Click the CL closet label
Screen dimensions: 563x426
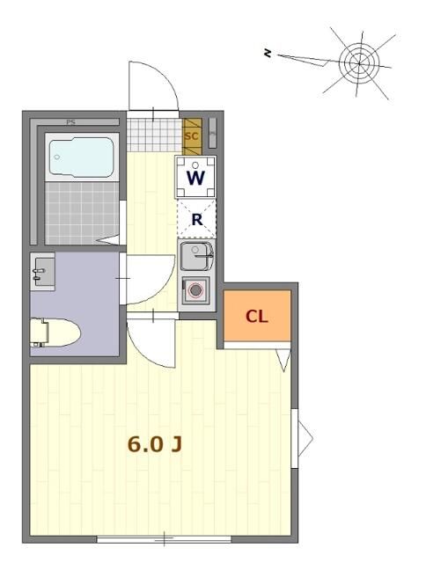pos(256,317)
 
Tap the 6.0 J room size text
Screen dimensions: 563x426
pos(155,444)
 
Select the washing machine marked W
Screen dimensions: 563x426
pos(195,177)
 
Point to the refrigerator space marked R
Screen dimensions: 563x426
pos(196,219)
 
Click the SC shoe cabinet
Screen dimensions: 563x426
pos(191,136)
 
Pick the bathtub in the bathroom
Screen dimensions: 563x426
pos(81,158)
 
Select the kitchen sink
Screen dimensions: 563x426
pos(195,257)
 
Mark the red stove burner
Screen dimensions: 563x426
pos(195,289)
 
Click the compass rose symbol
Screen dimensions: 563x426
pos(358,62)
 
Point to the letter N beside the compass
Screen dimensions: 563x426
pos(268,54)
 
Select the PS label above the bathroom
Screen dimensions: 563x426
pos(70,122)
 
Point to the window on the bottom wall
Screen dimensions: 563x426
pos(164,537)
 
